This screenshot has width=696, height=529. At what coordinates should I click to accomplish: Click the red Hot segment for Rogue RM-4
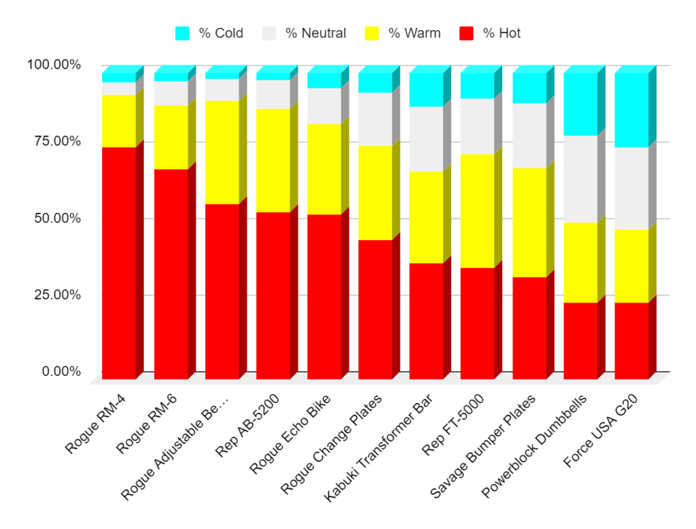119,262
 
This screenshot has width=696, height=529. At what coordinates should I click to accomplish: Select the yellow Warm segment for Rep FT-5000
477,211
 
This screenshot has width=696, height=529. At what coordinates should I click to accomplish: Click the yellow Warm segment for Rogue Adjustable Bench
222,152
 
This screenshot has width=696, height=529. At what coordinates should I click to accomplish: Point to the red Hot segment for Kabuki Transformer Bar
426,320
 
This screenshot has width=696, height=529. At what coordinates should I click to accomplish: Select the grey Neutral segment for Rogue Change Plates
375,119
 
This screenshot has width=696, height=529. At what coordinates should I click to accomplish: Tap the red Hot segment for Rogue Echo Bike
324,296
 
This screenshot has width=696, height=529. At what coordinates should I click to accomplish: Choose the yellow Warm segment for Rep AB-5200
273,160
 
